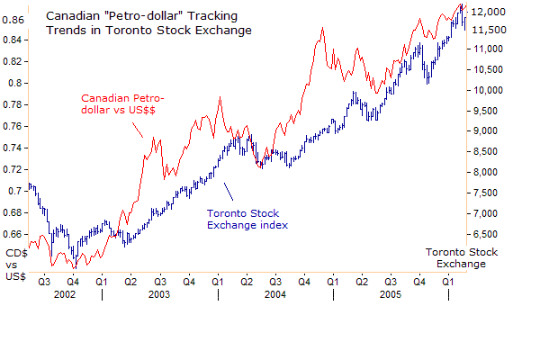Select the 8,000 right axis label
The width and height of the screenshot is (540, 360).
(x=490, y=172)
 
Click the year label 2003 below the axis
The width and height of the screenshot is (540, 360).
(x=159, y=294)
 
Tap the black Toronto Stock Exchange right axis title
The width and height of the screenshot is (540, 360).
(x=454, y=257)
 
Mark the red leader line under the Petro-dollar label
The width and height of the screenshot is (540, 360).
(x=137, y=130)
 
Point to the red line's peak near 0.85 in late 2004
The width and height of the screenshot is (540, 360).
(x=321, y=28)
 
